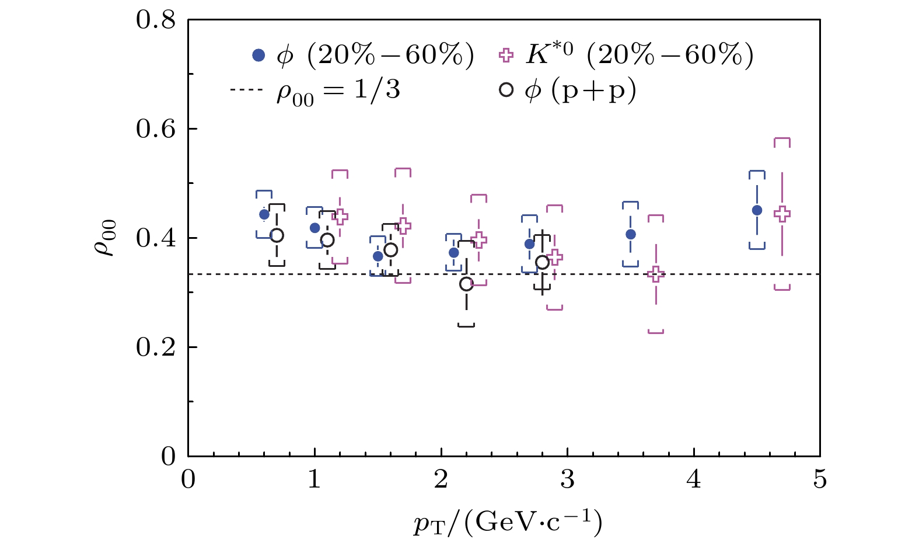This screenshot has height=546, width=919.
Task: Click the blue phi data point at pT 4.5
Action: point(757,210)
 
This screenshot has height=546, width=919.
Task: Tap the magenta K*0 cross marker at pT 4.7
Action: point(782,214)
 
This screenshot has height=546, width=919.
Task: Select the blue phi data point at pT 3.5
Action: point(631,235)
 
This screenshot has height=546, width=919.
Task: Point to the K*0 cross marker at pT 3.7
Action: point(656,274)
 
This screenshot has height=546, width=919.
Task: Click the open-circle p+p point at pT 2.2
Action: point(466,284)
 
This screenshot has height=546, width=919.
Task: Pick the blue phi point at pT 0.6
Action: point(264,214)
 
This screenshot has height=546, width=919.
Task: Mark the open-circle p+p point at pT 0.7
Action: point(277,235)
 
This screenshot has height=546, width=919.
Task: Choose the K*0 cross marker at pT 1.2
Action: point(340,217)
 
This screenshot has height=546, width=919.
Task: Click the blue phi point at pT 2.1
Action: point(453,253)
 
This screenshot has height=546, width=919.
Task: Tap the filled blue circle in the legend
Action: point(258,55)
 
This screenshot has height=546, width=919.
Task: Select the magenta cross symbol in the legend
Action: point(506,55)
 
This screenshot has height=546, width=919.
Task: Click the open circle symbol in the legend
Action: point(506,90)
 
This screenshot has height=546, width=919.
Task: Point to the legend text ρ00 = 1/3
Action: point(338,92)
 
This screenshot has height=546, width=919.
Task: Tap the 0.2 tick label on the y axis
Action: point(155,347)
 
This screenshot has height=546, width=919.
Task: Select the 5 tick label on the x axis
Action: point(820,480)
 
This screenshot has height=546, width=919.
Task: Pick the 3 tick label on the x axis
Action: point(567,480)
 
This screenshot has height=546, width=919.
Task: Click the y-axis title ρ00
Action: point(106,238)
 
